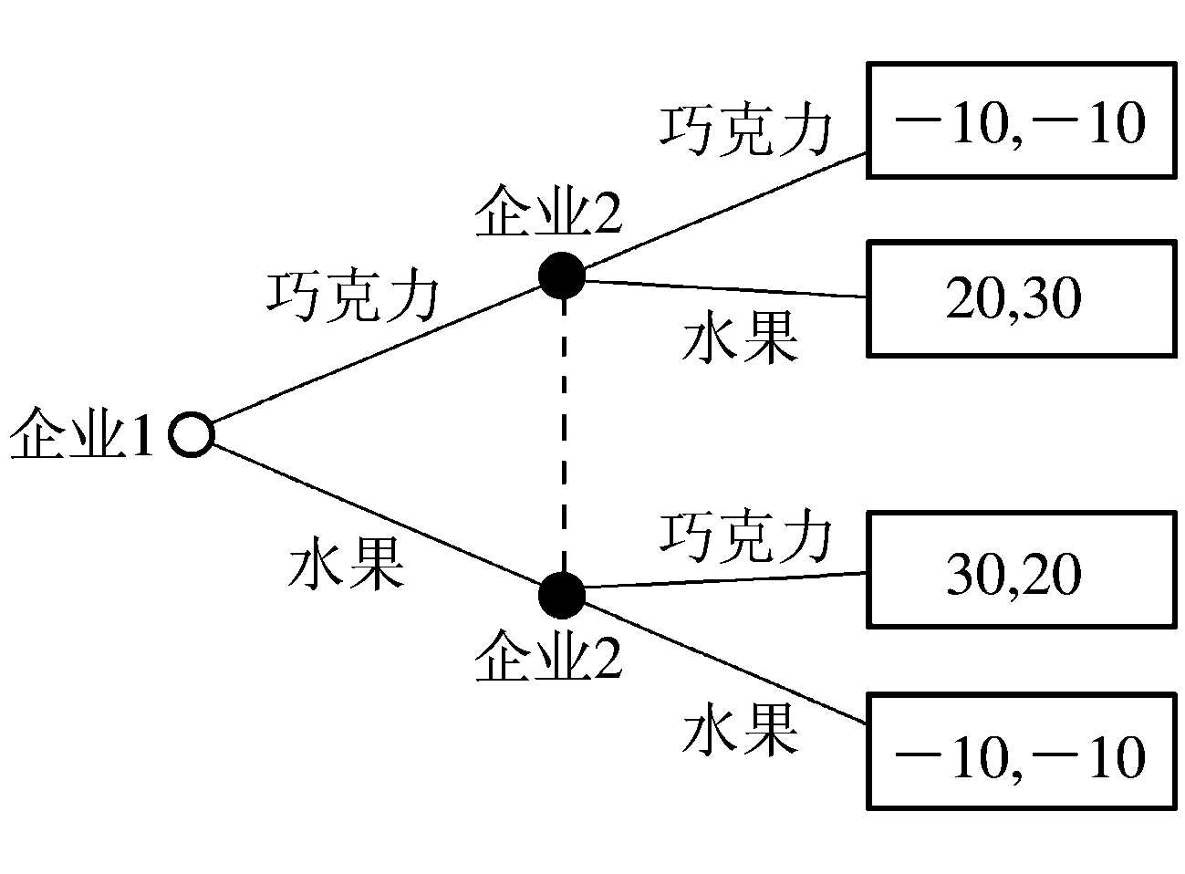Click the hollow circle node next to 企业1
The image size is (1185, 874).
pyautogui.click(x=192, y=434)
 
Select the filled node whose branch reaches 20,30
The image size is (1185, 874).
pyautogui.click(x=561, y=275)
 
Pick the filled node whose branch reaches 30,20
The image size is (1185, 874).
pyautogui.click(x=561, y=595)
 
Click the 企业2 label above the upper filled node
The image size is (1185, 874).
pyautogui.click(x=547, y=212)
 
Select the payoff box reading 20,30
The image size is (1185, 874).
pyautogui.click(x=1020, y=298)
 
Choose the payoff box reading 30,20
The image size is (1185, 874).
pyautogui.click(x=1020, y=570)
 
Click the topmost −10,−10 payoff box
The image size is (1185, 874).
pyautogui.click(x=1020, y=120)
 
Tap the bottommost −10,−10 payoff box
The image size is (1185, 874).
pyautogui.click(x=1020, y=752)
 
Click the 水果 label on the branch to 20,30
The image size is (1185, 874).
pyautogui.click(x=740, y=338)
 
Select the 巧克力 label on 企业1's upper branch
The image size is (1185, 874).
pyautogui.click(x=353, y=296)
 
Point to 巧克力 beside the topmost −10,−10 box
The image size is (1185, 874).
pyautogui.click(x=746, y=130)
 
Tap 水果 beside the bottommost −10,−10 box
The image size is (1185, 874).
pyautogui.click(x=740, y=729)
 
